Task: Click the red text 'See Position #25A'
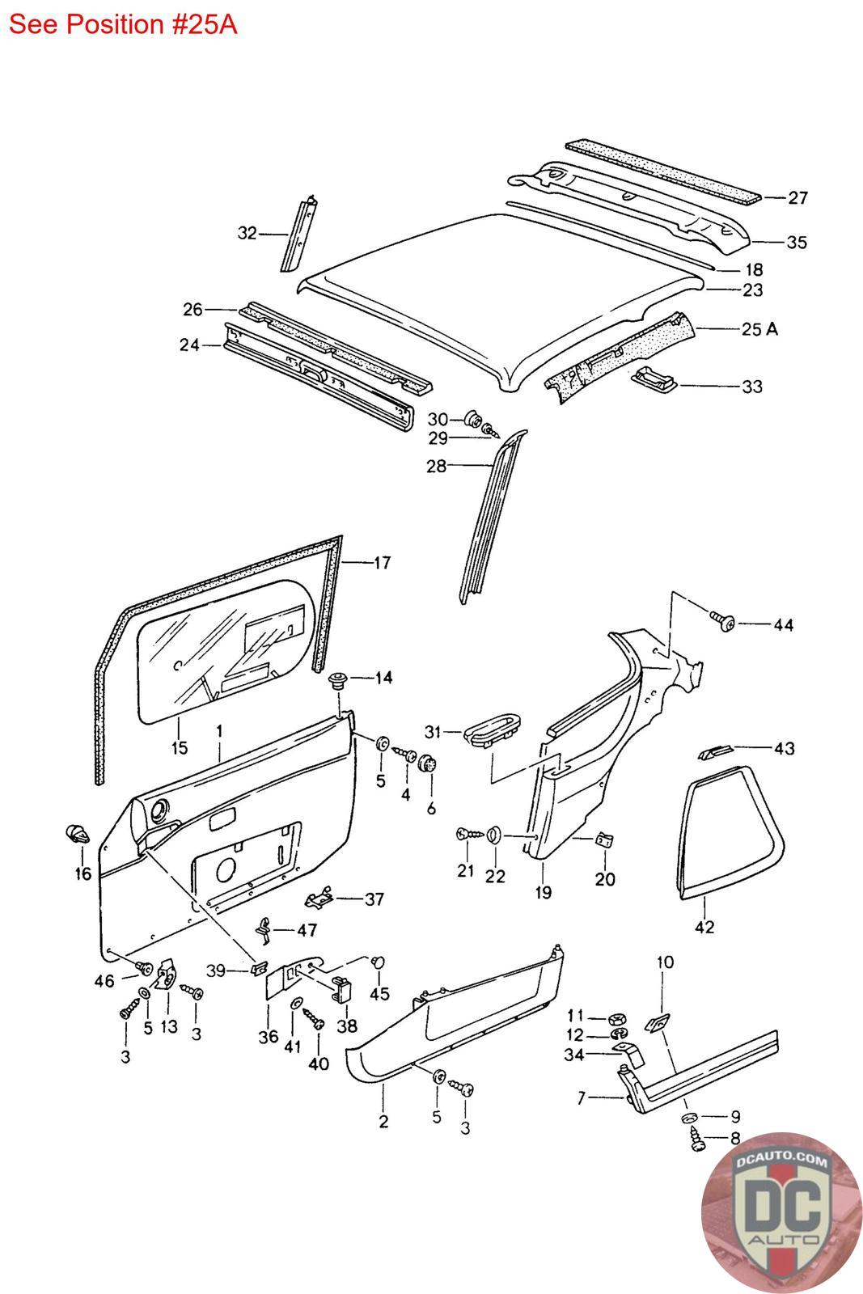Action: coord(122,24)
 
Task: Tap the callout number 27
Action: coord(797,197)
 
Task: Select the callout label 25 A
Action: coord(759,329)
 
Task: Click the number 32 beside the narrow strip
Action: coord(247,233)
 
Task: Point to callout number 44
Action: coord(783,624)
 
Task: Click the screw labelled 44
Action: coord(721,621)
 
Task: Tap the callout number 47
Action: coord(307,930)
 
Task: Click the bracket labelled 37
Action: coord(322,898)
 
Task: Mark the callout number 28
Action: coord(436,466)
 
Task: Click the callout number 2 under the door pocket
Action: coord(383,1121)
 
